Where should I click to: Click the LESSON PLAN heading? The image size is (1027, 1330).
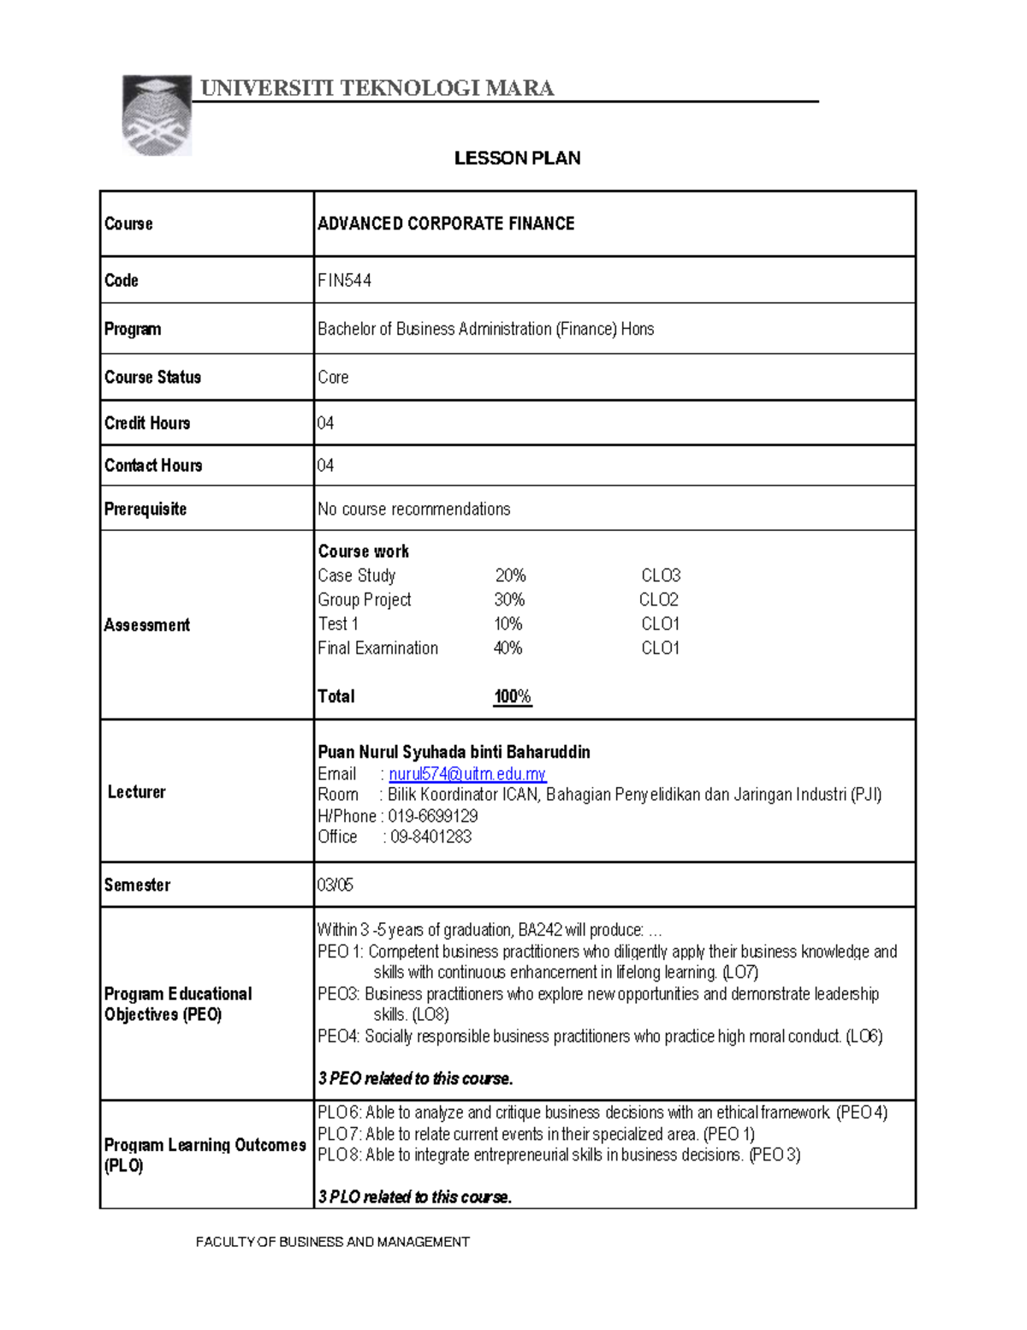(517, 158)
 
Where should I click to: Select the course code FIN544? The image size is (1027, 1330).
(344, 280)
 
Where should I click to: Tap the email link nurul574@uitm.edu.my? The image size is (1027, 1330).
(467, 774)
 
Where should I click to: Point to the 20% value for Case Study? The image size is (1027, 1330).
(510, 576)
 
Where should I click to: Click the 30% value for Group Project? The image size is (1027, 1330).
(509, 599)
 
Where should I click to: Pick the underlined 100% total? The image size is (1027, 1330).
(512, 696)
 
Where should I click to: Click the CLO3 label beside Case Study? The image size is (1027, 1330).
(661, 576)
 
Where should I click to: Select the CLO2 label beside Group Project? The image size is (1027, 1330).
(658, 599)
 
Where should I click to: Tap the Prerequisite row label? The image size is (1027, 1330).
(145, 509)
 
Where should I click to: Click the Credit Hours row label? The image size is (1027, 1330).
(147, 423)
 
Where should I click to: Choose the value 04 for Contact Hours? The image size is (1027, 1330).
(325, 466)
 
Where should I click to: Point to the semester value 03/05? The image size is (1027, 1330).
(335, 885)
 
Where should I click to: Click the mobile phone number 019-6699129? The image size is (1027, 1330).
(432, 816)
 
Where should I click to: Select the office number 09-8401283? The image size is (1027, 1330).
(430, 837)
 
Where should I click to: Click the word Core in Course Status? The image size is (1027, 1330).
(333, 378)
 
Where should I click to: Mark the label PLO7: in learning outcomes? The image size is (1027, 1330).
(340, 1134)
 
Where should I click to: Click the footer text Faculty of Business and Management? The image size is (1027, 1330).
(332, 1242)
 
